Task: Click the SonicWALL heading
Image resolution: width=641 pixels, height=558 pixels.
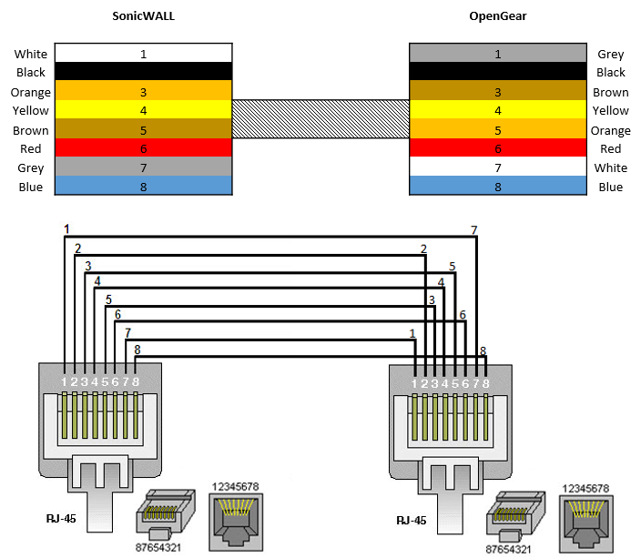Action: tap(143, 16)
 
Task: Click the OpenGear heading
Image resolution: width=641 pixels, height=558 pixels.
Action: tap(497, 16)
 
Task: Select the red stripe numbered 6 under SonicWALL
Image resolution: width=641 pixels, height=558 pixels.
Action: tap(143, 148)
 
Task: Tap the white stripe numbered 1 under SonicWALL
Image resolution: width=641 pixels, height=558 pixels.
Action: tap(143, 53)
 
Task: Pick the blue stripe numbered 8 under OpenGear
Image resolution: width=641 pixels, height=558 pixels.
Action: tap(497, 187)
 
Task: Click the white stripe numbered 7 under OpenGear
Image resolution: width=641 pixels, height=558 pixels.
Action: tap(497, 167)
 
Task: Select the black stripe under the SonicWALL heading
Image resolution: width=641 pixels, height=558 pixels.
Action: tap(143, 72)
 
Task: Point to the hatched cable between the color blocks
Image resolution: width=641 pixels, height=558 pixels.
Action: tap(320, 120)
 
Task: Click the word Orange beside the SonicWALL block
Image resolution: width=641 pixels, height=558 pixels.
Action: tap(30, 92)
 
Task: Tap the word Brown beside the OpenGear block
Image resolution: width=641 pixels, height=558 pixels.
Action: tap(610, 92)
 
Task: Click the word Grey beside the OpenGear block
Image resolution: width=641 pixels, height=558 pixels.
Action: tap(610, 54)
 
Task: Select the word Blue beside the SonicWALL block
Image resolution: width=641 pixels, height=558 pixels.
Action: tap(30, 188)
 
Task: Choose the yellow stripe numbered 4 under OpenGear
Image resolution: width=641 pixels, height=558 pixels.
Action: tap(497, 110)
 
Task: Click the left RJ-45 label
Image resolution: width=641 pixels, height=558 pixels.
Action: tap(61, 519)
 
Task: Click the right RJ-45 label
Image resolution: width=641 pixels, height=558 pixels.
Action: tap(411, 520)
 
